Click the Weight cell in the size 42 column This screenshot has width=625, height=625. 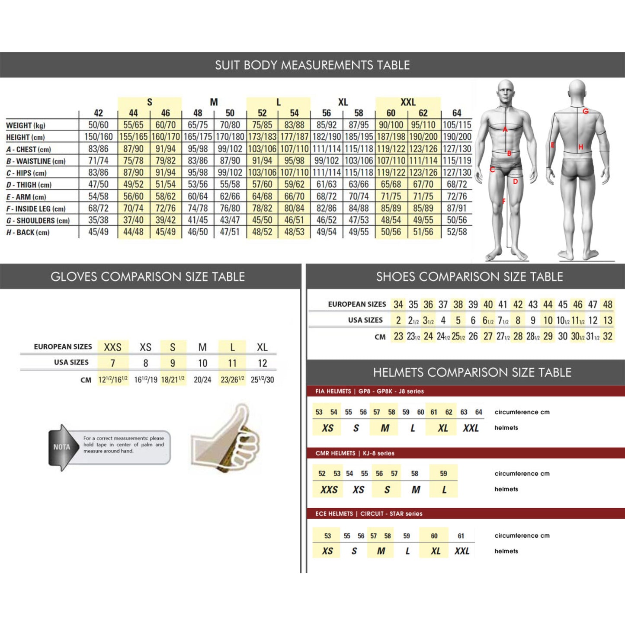tap(98, 125)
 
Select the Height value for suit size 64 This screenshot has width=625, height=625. tap(457, 137)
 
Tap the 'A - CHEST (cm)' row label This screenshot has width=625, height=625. tap(29, 149)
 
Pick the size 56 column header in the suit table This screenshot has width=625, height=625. tap(327, 113)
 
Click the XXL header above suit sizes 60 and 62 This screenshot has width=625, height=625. tap(407, 102)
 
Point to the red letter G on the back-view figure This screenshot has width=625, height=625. tap(585, 111)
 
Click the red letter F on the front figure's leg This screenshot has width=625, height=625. tap(504, 201)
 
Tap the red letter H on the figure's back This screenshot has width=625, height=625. tap(581, 147)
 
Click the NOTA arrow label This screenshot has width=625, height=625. tap(61, 447)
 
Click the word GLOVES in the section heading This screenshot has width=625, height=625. tap(74, 277)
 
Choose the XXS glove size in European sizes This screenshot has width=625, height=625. tap(112, 347)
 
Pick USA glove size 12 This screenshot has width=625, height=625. tap(262, 363)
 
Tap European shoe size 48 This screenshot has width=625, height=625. tap(607, 304)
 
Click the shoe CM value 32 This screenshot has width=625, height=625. tap(607, 336)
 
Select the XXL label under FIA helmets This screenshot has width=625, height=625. tap(471, 428)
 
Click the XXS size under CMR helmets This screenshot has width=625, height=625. tap(329, 490)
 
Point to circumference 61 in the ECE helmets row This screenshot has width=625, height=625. tap(461, 536)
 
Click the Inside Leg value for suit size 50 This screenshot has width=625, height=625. tap(230, 208)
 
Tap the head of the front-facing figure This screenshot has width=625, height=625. tap(505, 92)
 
